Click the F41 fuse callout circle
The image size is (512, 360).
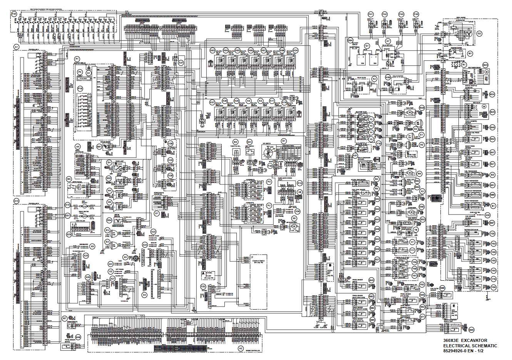tap(371, 14)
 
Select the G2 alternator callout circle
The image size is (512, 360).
tap(479, 33)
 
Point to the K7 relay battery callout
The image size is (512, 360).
tap(388, 41)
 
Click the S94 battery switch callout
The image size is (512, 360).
tap(350, 40)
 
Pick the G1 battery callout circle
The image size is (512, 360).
tap(367, 45)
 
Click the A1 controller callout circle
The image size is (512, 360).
tap(16, 47)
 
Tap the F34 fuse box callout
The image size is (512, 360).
tap(14, 13)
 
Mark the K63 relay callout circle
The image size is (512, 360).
tap(212, 50)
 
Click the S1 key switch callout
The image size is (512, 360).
tap(285, 142)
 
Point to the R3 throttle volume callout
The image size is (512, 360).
tap(235, 142)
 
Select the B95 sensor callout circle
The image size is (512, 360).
tap(471, 330)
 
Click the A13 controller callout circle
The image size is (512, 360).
tap(16, 201)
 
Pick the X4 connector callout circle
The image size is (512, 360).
tap(144, 295)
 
